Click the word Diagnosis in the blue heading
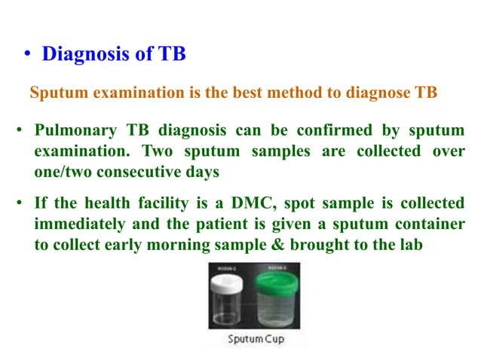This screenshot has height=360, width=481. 81,54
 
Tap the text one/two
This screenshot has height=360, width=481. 63,171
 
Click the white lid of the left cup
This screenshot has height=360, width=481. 229,277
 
